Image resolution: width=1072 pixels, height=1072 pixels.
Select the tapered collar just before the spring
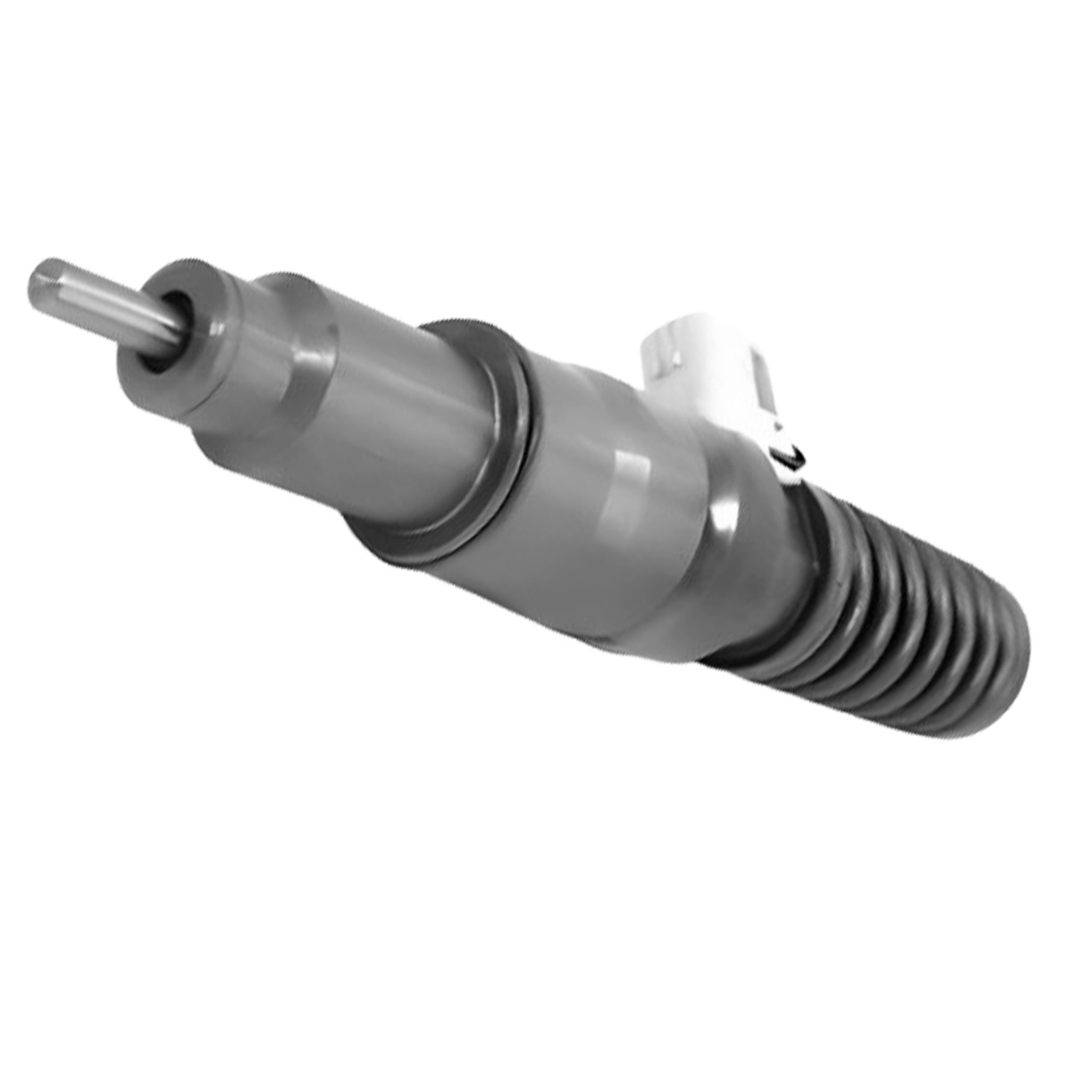(x=741, y=572)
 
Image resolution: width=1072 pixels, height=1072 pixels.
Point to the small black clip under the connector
(x=790, y=456)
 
